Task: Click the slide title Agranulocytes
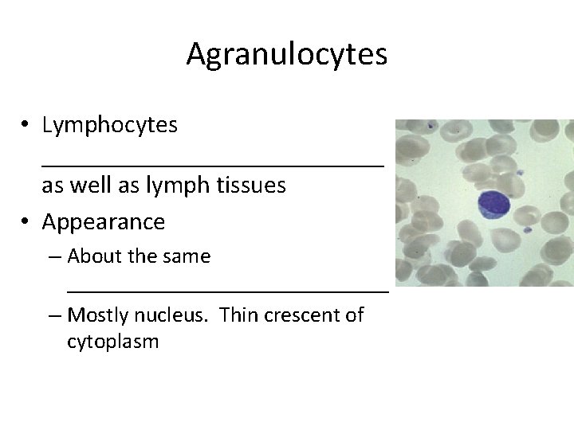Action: [x=287, y=54]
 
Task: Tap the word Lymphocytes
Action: [x=110, y=125]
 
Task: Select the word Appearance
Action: [x=104, y=221]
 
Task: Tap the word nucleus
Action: [x=175, y=315]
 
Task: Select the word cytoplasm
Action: [x=113, y=342]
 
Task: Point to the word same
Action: [x=185, y=256]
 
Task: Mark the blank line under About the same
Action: [x=228, y=291]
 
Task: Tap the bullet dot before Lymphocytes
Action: [x=26, y=125]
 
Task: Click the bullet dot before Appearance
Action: [x=26, y=221]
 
